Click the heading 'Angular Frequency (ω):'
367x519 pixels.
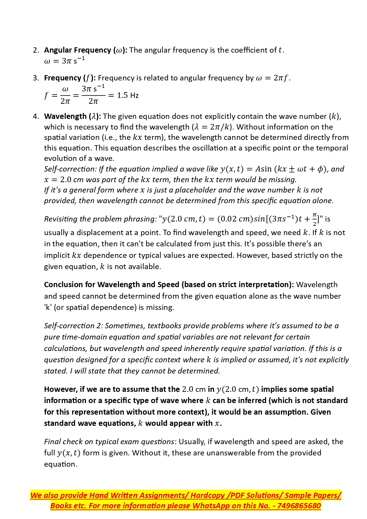85,50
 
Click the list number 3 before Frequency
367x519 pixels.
36,78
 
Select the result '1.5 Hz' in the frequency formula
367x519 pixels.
128,96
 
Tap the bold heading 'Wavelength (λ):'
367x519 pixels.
72,117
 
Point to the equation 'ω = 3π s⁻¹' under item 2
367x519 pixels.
64,61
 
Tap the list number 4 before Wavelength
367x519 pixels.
36,117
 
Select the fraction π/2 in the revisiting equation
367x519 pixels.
315,219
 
